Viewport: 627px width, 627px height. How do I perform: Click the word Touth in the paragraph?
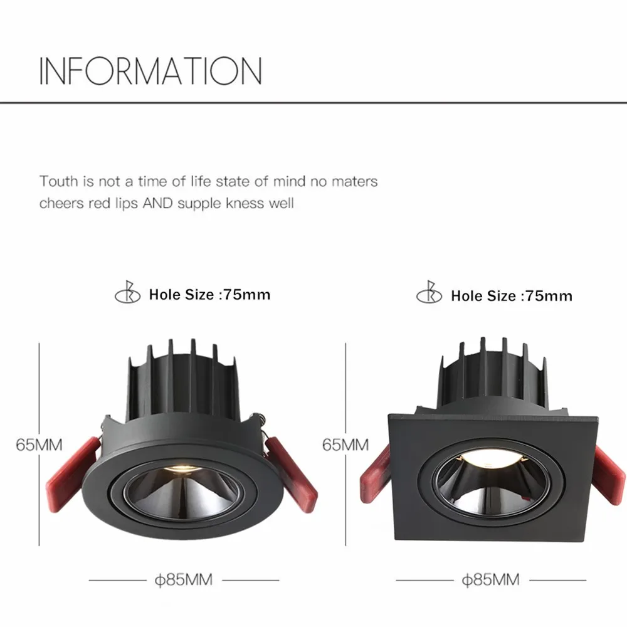click(59, 182)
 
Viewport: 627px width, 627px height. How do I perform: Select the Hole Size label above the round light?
click(209, 294)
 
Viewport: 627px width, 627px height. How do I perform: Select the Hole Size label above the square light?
click(511, 295)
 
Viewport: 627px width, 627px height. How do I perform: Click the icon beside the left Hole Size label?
click(125, 293)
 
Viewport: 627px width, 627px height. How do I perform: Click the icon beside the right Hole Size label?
click(428, 294)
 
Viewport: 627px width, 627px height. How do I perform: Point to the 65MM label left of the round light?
click(40, 445)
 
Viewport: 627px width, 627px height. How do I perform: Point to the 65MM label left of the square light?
click(345, 445)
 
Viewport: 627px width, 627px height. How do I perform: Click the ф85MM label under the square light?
click(490, 580)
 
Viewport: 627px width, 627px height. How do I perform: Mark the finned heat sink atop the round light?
click(182, 380)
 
